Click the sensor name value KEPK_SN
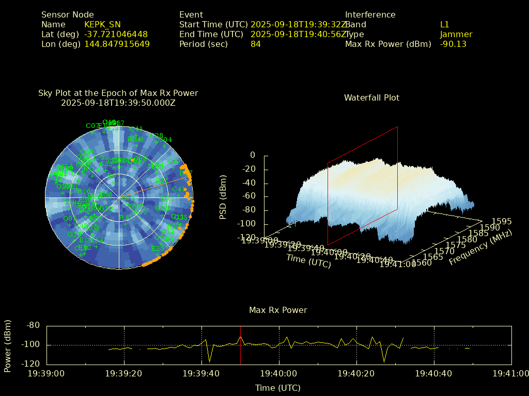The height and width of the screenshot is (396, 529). click(x=102, y=25)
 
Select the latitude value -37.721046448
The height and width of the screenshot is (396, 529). click(x=116, y=35)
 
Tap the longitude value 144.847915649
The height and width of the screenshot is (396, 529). click(x=117, y=44)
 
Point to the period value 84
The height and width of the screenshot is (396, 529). click(x=256, y=44)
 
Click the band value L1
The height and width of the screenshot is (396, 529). click(x=445, y=25)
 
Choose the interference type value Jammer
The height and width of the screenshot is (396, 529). click(x=456, y=35)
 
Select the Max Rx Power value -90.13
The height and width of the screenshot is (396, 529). click(x=453, y=44)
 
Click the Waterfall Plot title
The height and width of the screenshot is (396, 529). click(x=371, y=97)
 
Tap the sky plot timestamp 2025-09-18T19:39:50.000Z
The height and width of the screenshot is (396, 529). click(x=118, y=103)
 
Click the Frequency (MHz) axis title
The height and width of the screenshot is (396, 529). click(x=480, y=248)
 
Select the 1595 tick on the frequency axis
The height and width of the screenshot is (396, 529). click(x=502, y=221)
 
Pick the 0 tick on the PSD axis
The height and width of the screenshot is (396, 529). click(x=253, y=155)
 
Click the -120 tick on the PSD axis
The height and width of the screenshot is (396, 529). click(x=246, y=238)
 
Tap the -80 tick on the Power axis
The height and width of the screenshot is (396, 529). click(x=33, y=325)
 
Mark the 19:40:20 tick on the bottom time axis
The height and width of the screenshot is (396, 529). click(x=356, y=373)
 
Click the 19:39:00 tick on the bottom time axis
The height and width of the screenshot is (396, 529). click(x=46, y=373)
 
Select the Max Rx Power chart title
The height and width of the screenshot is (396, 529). click(x=278, y=310)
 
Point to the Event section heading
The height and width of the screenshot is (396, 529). click(x=191, y=15)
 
